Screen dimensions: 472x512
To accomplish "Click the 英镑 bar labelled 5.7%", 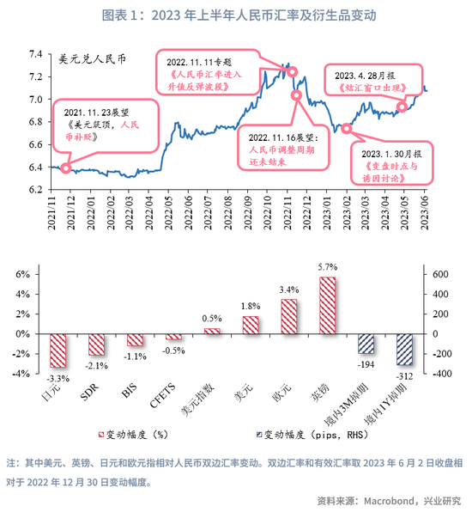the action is [327, 305].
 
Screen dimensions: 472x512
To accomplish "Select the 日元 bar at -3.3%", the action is [58, 350].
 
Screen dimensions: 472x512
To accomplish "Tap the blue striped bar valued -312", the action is [404, 350].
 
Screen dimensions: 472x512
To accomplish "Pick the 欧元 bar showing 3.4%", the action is [289, 316].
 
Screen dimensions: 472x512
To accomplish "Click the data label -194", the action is [366, 365].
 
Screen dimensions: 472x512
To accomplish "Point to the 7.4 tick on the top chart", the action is [35, 54].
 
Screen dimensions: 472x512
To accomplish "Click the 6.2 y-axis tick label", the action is [35, 189].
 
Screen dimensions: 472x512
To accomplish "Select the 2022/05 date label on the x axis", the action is [168, 213].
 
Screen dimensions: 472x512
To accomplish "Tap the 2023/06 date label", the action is [424, 213].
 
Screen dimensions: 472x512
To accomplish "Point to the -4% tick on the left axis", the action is [21, 374].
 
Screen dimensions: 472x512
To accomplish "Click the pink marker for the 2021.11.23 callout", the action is [66, 168].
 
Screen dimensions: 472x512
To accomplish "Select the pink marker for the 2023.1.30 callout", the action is [347, 129].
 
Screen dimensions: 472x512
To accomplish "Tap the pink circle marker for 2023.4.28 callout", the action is [402, 107].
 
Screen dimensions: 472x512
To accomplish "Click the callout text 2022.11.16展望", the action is [283, 137].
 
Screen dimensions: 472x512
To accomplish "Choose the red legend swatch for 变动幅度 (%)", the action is [101, 435].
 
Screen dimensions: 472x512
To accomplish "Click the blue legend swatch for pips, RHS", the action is [259, 435].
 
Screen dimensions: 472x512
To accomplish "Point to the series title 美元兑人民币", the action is [93, 59].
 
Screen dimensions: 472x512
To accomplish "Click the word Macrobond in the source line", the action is [389, 501].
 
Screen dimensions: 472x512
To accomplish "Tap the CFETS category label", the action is [162, 395].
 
